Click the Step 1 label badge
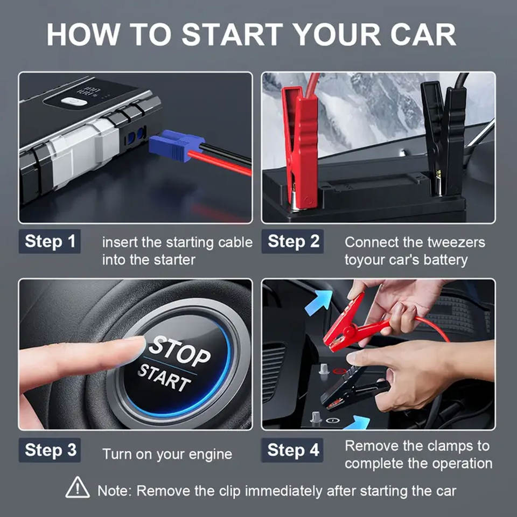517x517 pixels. (50, 241)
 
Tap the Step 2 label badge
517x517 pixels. (292, 241)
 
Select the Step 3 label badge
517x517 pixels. (50, 450)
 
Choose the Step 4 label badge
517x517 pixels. (292, 450)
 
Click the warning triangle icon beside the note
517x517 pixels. (78, 487)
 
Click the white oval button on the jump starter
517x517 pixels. (74, 101)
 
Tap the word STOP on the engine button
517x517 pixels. (179, 351)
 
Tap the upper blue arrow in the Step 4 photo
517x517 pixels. (319, 302)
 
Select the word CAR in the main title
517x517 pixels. (423, 34)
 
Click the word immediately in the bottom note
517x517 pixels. (283, 491)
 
